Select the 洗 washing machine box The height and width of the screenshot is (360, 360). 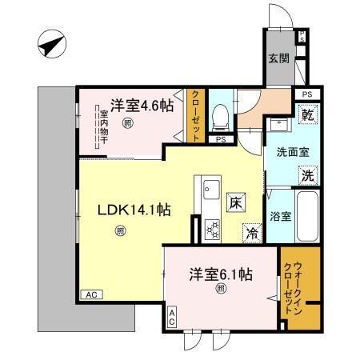pos(308,175)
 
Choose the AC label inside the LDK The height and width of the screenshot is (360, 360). pos(93,294)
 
